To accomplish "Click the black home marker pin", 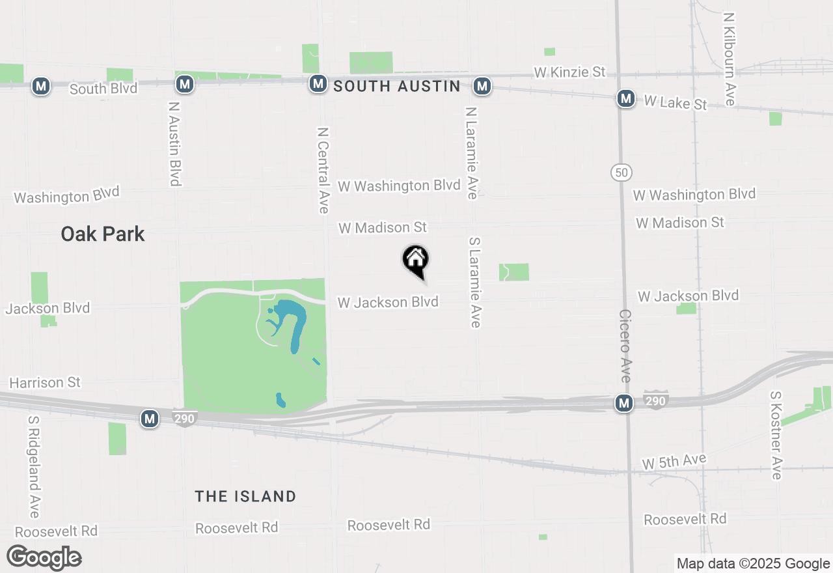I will tap(416, 260).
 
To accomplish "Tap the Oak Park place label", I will tap(103, 234).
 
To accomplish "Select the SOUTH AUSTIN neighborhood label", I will tap(396, 86).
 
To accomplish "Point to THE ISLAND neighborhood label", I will tap(245, 496).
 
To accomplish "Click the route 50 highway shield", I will tap(621, 173).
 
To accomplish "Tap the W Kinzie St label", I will tap(569, 72).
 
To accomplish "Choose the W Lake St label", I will tap(675, 102).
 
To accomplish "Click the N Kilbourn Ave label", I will tap(728, 59).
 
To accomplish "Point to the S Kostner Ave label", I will tap(775, 435).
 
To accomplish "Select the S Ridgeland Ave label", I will tap(34, 467).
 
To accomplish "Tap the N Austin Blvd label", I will tap(174, 143).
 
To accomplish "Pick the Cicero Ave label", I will tap(625, 345).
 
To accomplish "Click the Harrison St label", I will tap(45, 382).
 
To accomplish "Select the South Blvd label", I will tap(103, 89).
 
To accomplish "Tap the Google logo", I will tap(44, 557).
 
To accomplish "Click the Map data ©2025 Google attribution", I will tap(753, 564).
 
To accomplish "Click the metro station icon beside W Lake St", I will tap(626, 98).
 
